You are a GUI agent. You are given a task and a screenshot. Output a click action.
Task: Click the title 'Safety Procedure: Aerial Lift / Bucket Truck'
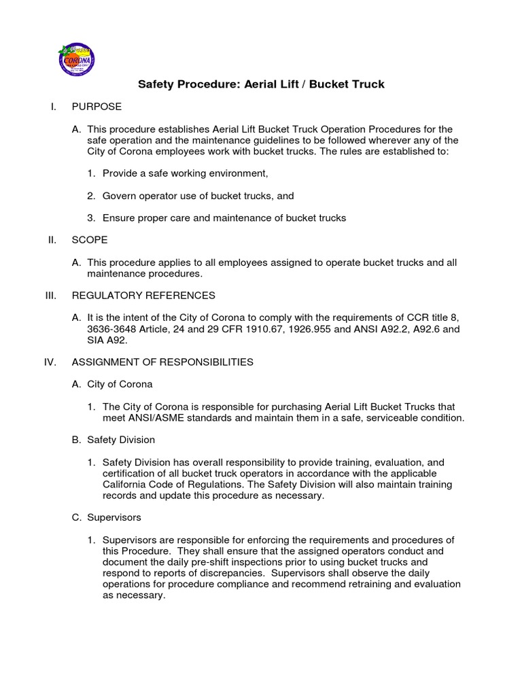tap(262, 85)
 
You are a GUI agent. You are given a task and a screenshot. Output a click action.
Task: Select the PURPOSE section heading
tap(97, 107)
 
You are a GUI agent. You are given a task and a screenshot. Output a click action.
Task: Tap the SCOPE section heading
tap(90, 240)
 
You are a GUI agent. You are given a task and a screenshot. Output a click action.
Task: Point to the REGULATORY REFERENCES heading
tap(143, 295)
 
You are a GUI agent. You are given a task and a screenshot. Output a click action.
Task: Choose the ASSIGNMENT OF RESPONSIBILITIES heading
tap(162, 362)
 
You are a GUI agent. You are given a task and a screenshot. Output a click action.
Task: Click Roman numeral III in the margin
tap(50, 295)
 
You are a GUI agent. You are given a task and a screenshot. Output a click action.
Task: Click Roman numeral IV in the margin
tap(50, 362)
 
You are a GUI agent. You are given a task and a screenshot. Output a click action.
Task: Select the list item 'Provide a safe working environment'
tap(180, 174)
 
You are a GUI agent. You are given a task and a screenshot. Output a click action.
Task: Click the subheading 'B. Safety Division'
tap(114, 440)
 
